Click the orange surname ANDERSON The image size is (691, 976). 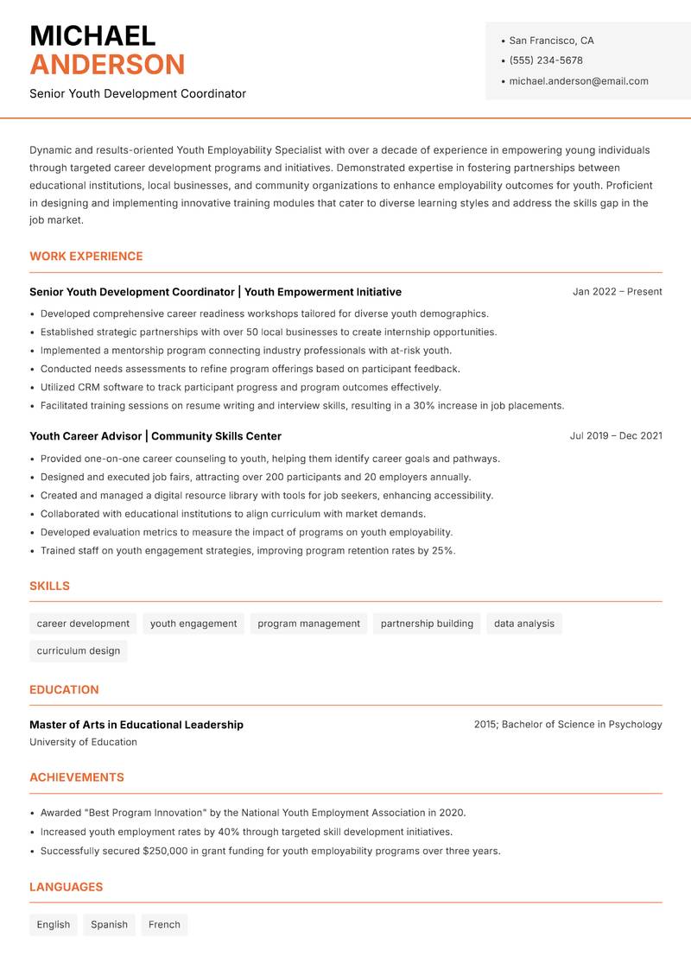[x=107, y=65]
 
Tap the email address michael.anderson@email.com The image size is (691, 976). [x=578, y=81]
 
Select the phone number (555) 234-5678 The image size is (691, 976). [x=545, y=60]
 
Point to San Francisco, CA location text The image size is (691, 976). [x=551, y=41]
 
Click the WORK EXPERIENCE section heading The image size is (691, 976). [x=86, y=257]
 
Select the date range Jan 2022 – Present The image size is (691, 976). [x=617, y=292]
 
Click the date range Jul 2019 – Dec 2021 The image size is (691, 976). [x=615, y=436]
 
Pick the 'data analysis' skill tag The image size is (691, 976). [x=523, y=624]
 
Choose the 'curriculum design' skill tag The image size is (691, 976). [x=78, y=651]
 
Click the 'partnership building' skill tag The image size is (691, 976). [x=427, y=624]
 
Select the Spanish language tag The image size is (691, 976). [x=109, y=925]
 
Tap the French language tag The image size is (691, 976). [x=164, y=925]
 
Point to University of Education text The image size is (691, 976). [x=83, y=742]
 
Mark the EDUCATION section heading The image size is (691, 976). [x=64, y=690]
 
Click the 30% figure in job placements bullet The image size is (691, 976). [x=423, y=406]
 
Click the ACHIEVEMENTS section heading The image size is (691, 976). [x=76, y=777]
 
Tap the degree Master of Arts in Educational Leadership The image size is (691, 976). [x=136, y=725]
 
